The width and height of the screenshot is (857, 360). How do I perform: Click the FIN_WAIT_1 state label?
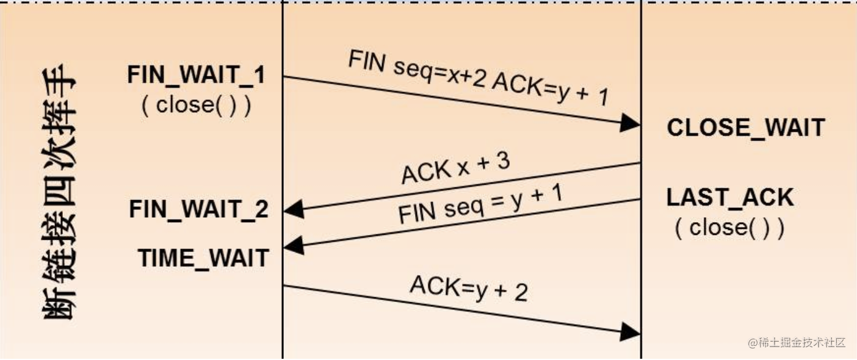coord(196,74)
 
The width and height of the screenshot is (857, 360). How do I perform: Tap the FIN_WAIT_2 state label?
coord(198,209)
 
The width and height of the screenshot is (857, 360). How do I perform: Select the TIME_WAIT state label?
coord(203,258)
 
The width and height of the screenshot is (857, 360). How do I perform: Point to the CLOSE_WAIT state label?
coord(746,128)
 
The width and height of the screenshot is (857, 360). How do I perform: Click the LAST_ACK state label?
coord(730,198)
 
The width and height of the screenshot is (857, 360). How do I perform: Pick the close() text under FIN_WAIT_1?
coord(197,105)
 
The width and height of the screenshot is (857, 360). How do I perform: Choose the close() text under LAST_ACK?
coord(729,228)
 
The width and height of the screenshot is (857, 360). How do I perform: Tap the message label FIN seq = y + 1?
coord(480,204)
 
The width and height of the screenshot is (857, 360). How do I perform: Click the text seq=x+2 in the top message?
coord(440,73)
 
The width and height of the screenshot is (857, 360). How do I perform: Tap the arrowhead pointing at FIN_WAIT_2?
coord(294,209)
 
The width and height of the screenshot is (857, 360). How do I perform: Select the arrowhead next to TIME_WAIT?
coord(294,245)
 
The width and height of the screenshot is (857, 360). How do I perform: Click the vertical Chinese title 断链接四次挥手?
coord(59,191)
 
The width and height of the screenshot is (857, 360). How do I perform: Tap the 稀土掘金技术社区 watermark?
coord(796,342)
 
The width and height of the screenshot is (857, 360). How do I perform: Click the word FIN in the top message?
coord(367,61)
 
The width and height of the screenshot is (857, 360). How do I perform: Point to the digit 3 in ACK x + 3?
coord(503,160)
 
